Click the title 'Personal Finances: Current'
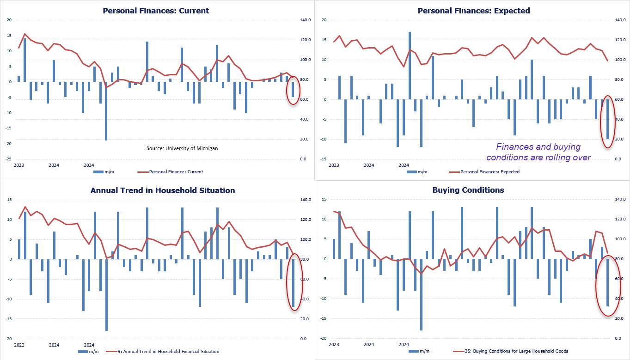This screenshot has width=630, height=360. tap(156, 10)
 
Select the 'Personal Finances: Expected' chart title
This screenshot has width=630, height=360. tap(474, 10)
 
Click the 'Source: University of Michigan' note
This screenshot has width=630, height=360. tap(182, 148)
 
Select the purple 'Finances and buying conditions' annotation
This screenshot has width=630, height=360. tap(538, 152)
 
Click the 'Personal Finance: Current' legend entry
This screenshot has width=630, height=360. tap(176, 172)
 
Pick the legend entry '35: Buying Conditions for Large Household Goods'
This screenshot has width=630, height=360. tap(511, 351)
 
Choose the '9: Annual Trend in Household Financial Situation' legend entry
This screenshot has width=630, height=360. tap(169, 352)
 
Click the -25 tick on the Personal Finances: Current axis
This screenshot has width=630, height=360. tap(9, 159)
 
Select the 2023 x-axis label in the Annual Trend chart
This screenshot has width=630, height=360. tap(19, 345)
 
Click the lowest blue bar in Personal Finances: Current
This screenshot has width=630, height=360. tap(106, 111)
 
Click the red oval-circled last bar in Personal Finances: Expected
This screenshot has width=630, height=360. tap(608, 119)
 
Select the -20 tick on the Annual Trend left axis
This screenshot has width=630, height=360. tap(9, 339)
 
